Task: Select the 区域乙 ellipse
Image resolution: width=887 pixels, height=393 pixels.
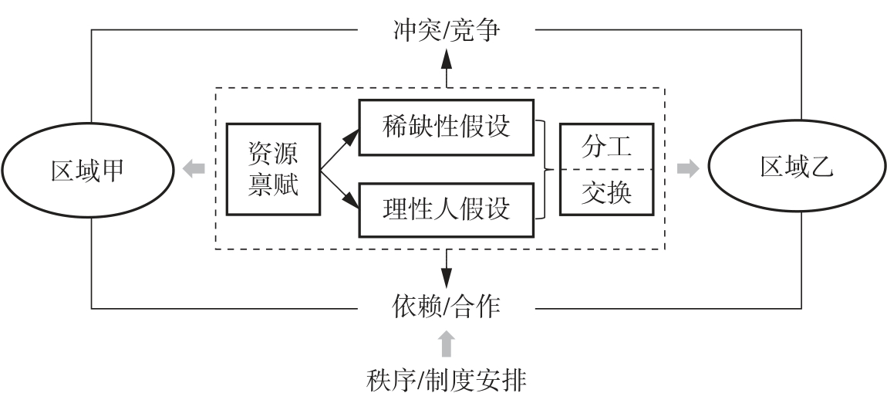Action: pyautogui.click(x=798, y=168)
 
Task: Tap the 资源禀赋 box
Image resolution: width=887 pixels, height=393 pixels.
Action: pyautogui.click(x=273, y=168)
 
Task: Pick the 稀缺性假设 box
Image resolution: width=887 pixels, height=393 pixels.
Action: pyautogui.click(x=447, y=126)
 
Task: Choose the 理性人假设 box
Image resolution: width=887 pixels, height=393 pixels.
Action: pyautogui.click(x=447, y=209)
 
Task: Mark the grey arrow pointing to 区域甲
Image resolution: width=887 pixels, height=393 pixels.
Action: pyautogui.click(x=194, y=168)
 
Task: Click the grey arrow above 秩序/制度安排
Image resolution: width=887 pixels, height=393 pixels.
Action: pyautogui.click(x=447, y=344)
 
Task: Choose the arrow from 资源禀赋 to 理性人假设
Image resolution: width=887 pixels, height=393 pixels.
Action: pyautogui.click(x=340, y=189)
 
